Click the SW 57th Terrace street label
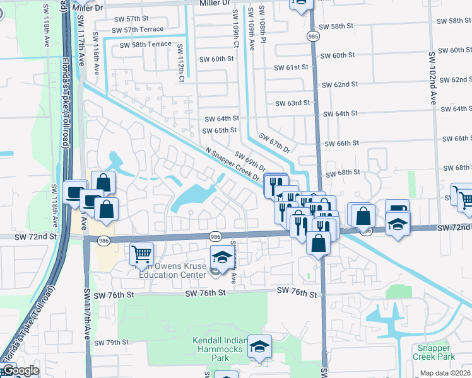(x=138, y=30)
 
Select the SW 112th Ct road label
(x=180, y=63)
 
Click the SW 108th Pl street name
(x=263, y=29)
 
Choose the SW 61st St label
(x=291, y=67)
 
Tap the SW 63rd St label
(x=293, y=103)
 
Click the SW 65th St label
(x=219, y=130)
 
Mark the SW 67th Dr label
(x=274, y=143)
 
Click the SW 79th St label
(x=111, y=343)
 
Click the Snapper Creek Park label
(x=436, y=352)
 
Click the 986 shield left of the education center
(x=102, y=240)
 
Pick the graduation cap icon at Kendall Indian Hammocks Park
(x=259, y=346)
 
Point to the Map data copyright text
(x=445, y=373)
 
